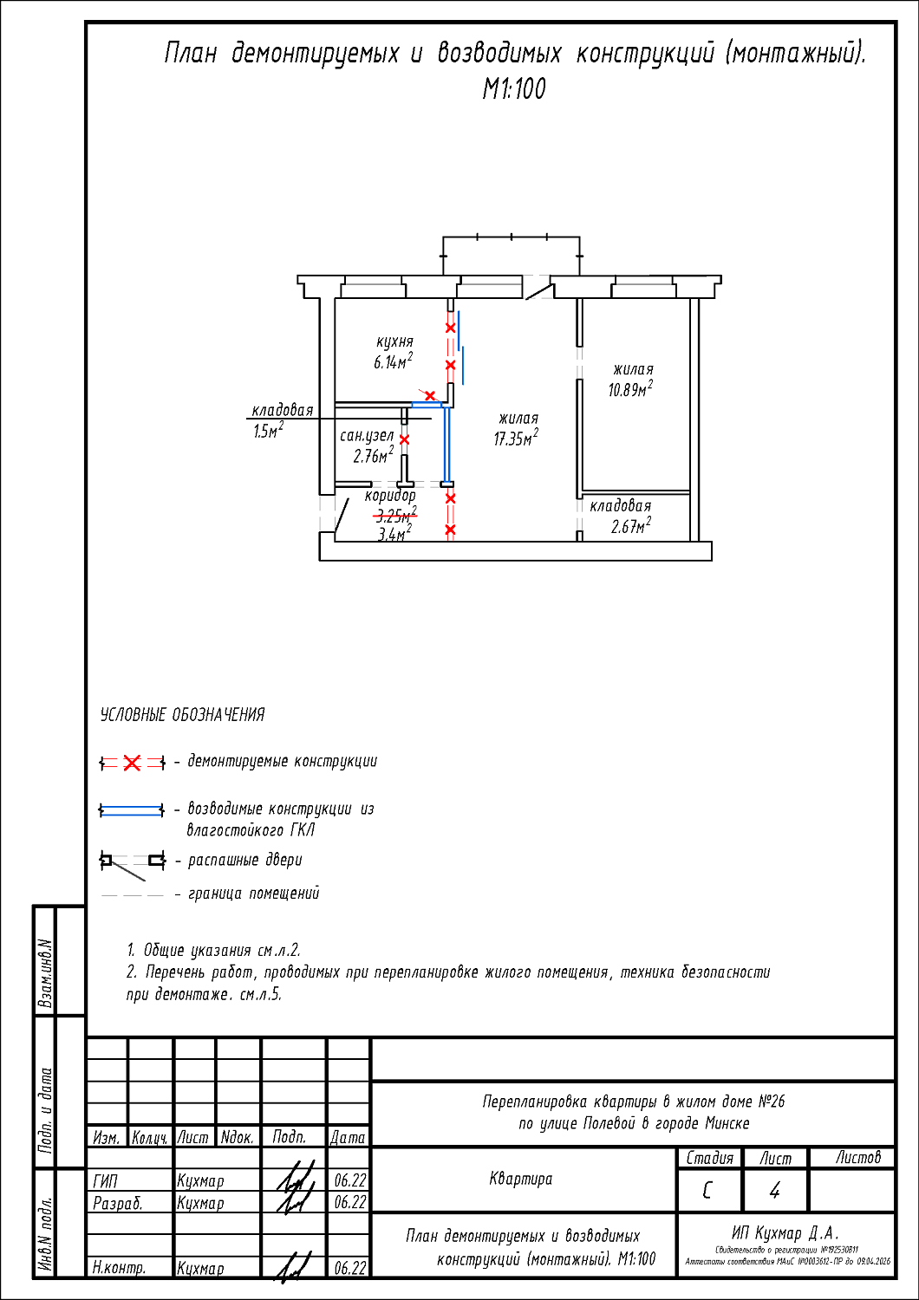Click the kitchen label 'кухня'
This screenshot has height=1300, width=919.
[394, 341]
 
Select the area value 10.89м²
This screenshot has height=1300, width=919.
[629, 390]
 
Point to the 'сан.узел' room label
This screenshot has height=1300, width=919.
[367, 436]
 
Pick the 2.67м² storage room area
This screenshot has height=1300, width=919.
[630, 526]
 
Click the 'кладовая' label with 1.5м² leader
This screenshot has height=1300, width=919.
[282, 410]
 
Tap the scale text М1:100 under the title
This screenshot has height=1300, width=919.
[514, 89]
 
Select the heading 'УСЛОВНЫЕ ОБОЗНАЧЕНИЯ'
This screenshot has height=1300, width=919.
[182, 715]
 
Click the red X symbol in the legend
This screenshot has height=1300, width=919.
[132, 763]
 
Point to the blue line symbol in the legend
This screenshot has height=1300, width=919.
[132, 810]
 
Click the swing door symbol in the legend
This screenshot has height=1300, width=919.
[132, 861]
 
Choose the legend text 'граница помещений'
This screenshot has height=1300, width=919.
[253, 894]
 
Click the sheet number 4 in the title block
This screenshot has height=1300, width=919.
[774, 1191]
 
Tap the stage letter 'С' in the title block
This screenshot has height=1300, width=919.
[707, 1191]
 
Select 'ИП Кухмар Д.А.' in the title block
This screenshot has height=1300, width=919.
[785, 1232]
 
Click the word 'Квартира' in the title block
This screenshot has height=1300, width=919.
[520, 1179]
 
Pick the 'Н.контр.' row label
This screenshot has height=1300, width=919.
[119, 1268]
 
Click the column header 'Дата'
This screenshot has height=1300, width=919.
[348, 1137]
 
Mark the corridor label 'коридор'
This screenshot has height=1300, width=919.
[390, 496]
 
